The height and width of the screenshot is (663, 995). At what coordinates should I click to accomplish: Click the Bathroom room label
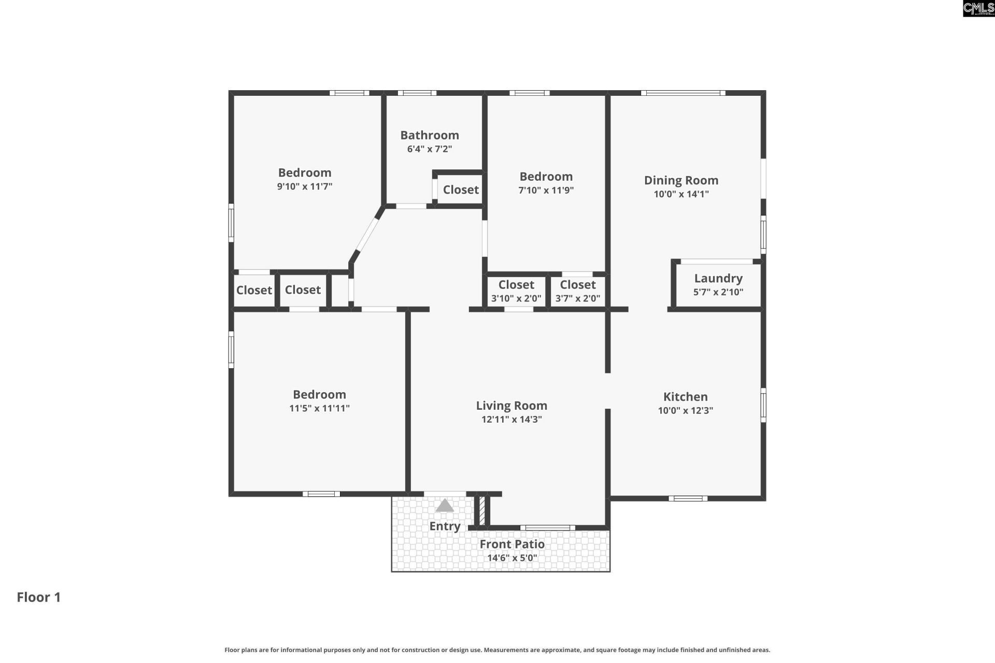pos(430,135)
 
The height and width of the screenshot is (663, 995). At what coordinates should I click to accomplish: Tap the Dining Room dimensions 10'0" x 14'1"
pos(681,194)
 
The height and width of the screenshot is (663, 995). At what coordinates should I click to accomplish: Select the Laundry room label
pos(718,278)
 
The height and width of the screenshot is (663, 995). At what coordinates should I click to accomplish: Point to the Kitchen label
pos(685,397)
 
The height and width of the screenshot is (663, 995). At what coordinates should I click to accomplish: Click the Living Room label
pos(511,406)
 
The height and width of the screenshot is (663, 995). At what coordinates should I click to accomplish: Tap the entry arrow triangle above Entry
pos(445,506)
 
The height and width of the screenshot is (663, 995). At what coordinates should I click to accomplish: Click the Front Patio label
pos(511,544)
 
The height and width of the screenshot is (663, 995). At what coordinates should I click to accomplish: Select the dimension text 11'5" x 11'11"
pos(319,408)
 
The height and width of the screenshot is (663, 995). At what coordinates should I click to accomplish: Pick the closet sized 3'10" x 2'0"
pos(516,291)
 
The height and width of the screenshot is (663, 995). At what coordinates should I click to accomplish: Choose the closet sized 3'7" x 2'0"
pos(577,291)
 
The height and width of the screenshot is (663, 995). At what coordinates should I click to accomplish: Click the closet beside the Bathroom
pos(461,190)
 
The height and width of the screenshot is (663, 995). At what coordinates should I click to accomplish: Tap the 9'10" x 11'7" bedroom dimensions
pos(305,186)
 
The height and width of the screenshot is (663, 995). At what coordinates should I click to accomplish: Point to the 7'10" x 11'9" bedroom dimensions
pos(546,190)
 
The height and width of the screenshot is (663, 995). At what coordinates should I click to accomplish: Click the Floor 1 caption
pos(39,597)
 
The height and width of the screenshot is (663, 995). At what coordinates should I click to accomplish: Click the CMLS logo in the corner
pos(978,8)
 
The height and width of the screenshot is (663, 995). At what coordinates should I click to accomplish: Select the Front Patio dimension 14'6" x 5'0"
pos(511,558)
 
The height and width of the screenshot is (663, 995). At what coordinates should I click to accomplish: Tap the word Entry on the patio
pos(445,526)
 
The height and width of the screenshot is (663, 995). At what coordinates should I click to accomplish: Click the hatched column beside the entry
pos(481,511)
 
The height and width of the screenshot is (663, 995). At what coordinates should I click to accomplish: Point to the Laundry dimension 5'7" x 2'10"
pos(718,292)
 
